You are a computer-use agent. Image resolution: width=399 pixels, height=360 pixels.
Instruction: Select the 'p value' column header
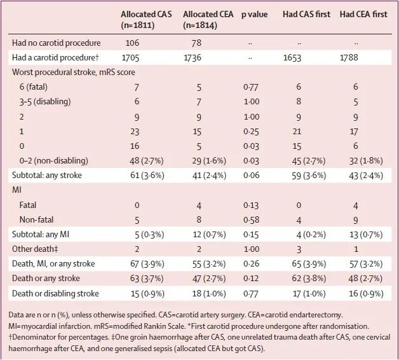pyautogui.click(x=255, y=15)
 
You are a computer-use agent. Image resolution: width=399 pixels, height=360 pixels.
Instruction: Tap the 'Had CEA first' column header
pyautogui.click(x=363, y=14)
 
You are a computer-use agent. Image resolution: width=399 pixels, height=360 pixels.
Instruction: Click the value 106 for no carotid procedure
pyautogui.click(x=132, y=43)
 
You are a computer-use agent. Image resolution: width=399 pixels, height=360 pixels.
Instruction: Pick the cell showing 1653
pyautogui.click(x=292, y=58)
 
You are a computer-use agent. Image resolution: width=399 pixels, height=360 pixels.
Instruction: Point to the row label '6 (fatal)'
pyautogui.click(x=33, y=87)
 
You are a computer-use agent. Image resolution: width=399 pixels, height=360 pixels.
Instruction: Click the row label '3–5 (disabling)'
pyautogui.click(x=45, y=102)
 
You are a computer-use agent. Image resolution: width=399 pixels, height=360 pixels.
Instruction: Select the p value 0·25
pyautogui.click(x=251, y=132)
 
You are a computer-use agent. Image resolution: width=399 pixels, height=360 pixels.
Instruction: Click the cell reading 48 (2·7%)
pyautogui.click(x=147, y=161)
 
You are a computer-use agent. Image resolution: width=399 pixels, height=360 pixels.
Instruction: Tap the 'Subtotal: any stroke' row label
pyautogui.click(x=47, y=176)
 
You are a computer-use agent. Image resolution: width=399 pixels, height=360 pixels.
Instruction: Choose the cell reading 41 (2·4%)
pyautogui.click(x=209, y=176)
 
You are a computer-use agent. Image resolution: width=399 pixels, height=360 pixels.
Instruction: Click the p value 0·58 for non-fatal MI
pyautogui.click(x=251, y=219)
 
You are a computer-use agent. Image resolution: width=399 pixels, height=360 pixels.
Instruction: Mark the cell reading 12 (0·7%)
pyautogui.click(x=209, y=235)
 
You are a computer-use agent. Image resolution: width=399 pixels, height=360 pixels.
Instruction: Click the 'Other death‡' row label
pyautogui.click(x=35, y=249)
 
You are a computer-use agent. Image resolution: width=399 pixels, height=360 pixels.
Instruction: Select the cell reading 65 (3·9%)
pyautogui.click(x=309, y=264)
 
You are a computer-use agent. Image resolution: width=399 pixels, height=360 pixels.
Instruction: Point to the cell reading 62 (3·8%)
pyautogui.click(x=309, y=279)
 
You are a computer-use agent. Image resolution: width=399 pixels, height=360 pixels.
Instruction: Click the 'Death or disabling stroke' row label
pyautogui.click(x=55, y=293)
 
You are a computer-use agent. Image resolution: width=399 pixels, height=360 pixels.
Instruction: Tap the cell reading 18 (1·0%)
pyautogui.click(x=209, y=293)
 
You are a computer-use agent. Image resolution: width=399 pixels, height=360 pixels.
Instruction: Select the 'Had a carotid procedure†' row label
pyautogui.click(x=55, y=58)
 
